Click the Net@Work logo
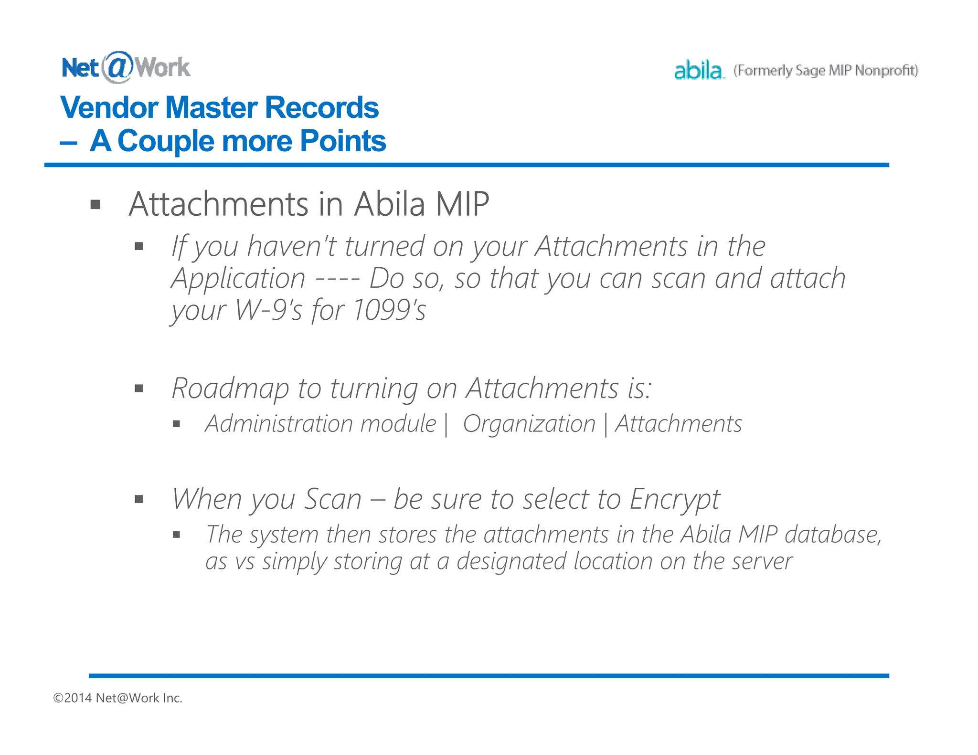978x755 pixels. point(126,67)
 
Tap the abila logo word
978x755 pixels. point(698,71)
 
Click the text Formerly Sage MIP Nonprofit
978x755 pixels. point(826,71)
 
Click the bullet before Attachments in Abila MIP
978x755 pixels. point(96,205)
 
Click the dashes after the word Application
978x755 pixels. point(338,279)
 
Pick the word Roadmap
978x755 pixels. point(230,388)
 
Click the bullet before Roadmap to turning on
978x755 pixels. point(139,388)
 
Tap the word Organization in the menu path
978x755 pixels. point(529,424)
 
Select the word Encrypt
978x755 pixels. point(674,499)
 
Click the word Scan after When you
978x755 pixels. point(333,499)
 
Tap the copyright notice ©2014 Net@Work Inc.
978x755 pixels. point(118,698)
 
